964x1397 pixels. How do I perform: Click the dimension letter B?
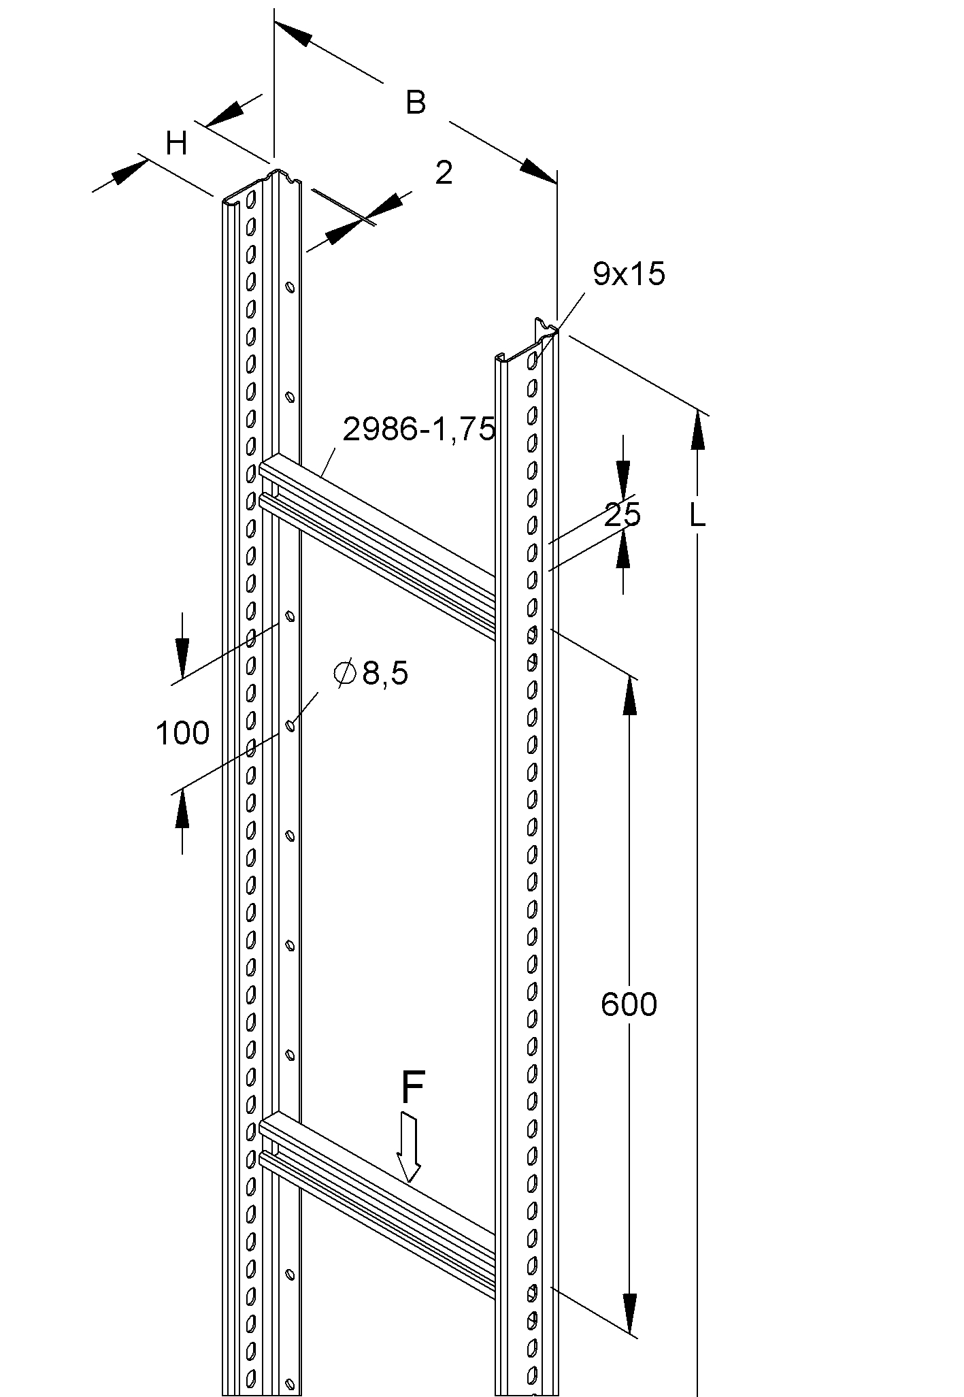tap(416, 103)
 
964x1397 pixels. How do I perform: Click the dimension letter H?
tap(177, 144)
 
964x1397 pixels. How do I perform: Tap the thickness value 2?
tap(443, 174)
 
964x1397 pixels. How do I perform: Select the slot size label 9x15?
tap(629, 274)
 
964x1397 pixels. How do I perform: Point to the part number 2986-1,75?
tap(418, 429)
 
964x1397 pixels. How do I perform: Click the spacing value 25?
tap(622, 515)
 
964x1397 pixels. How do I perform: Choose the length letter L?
tap(697, 516)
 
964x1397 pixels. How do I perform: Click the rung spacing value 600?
tap(629, 1004)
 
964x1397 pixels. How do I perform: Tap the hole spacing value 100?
tap(182, 734)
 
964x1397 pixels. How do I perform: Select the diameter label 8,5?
tap(385, 674)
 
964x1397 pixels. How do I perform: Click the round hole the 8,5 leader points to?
tap(290, 725)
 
